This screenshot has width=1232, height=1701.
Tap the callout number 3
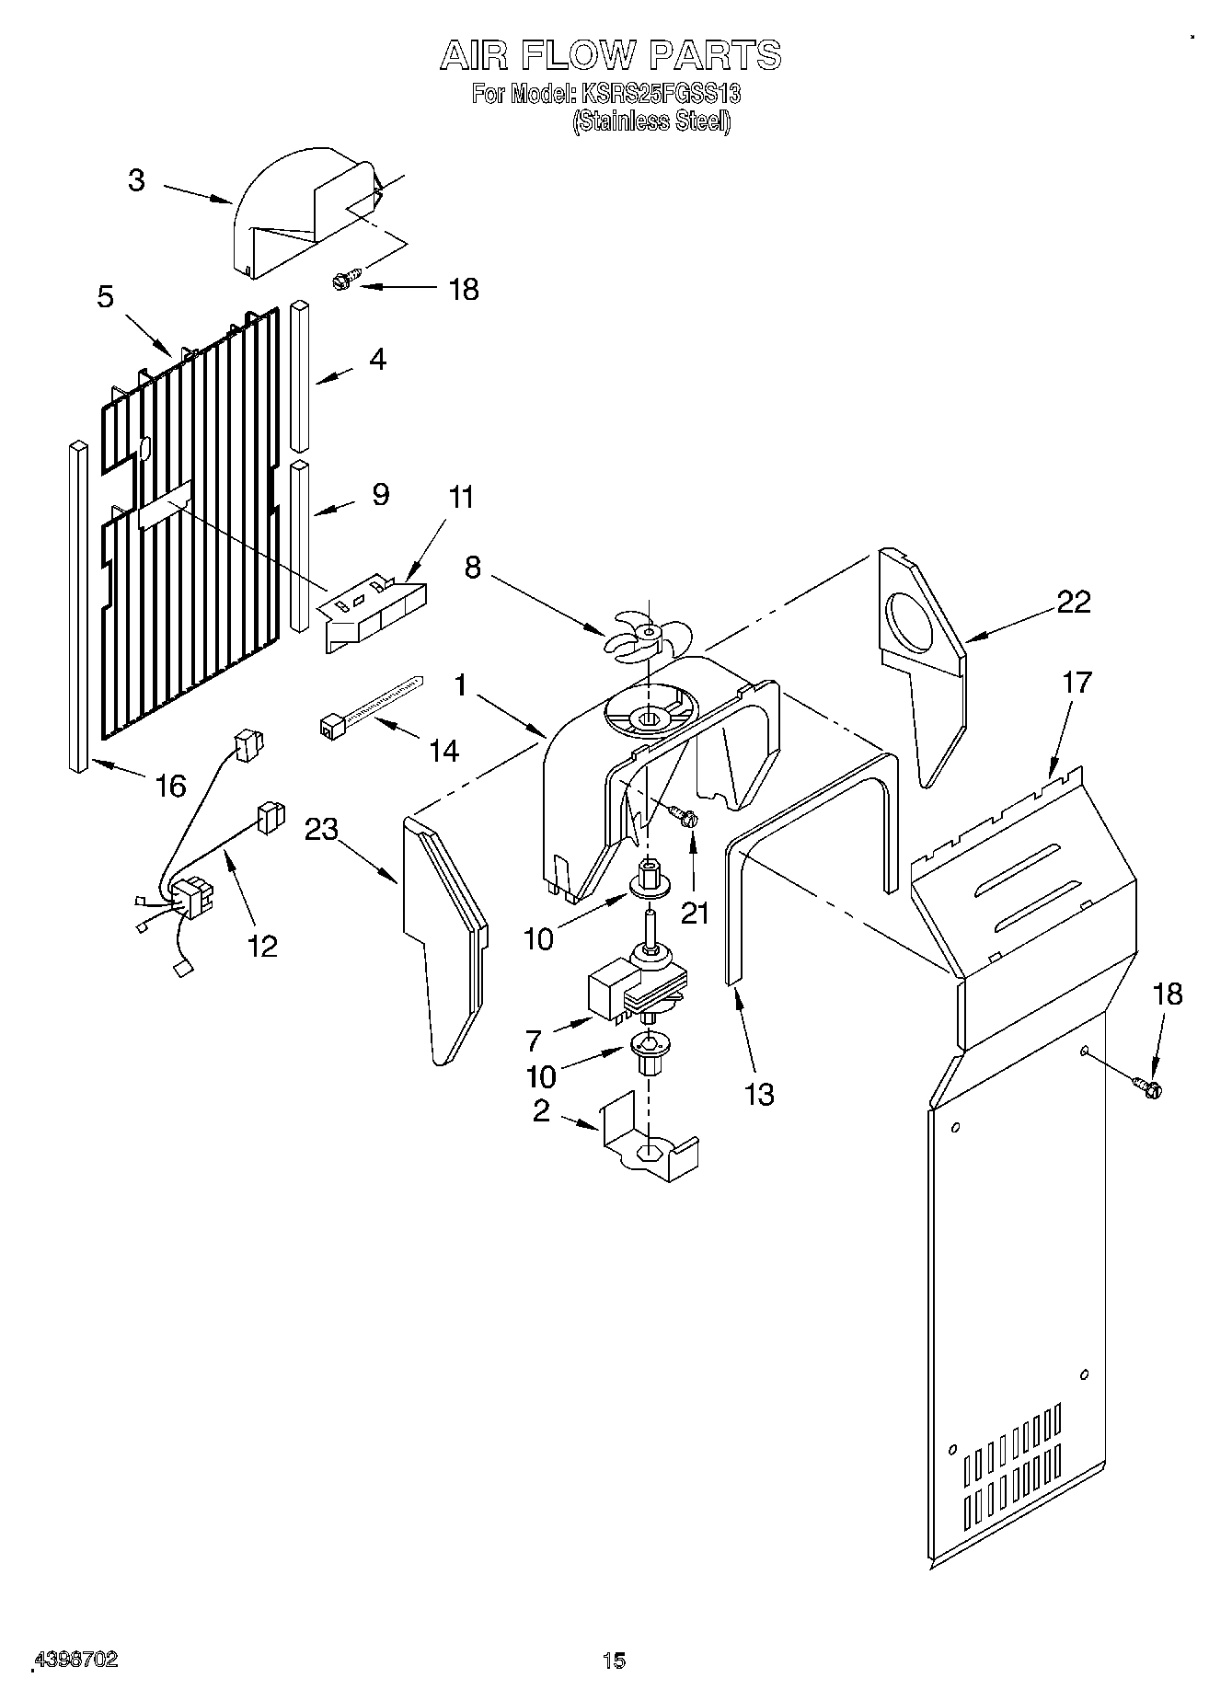click(x=136, y=180)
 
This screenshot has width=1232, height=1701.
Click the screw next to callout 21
click(x=684, y=814)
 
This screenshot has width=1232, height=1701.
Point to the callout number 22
click(x=1073, y=602)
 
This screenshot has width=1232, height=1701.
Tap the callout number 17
click(x=1076, y=683)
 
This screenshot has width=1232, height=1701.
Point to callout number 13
click(x=759, y=1095)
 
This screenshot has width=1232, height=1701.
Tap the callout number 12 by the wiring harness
click(x=263, y=945)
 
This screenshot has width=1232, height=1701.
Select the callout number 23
click(x=322, y=830)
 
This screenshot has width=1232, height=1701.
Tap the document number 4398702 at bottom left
click(x=76, y=1660)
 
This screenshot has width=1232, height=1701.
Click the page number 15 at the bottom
click(x=614, y=1661)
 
